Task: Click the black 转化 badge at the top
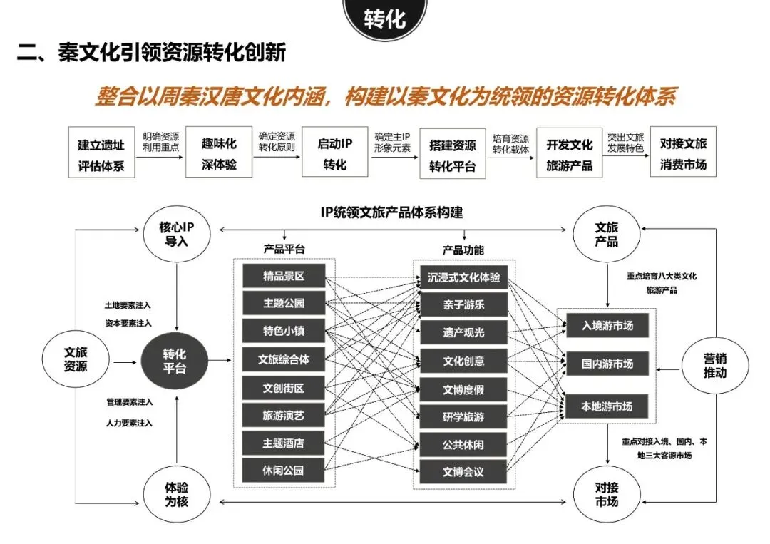(385, 19)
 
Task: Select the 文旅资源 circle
(76, 359)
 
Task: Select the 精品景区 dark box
(284, 276)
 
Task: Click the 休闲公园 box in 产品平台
(284, 470)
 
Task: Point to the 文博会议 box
(463, 471)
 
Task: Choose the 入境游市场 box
(607, 325)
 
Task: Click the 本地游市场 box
(607, 406)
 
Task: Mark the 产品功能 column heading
(463, 250)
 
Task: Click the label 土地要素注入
(128, 305)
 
